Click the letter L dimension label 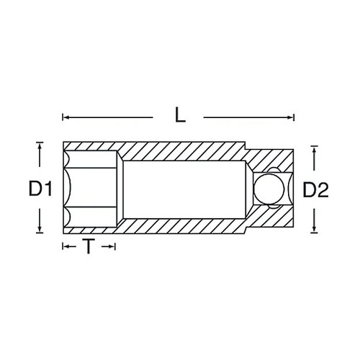pos(180,114)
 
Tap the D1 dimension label pos(40,189)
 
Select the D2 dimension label pos(315,190)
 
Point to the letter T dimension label pos(89,246)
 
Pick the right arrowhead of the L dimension pos(291,117)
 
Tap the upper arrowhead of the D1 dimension pos(40,146)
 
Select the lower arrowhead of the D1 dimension pos(40,229)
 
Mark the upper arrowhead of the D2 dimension pos(314,149)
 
